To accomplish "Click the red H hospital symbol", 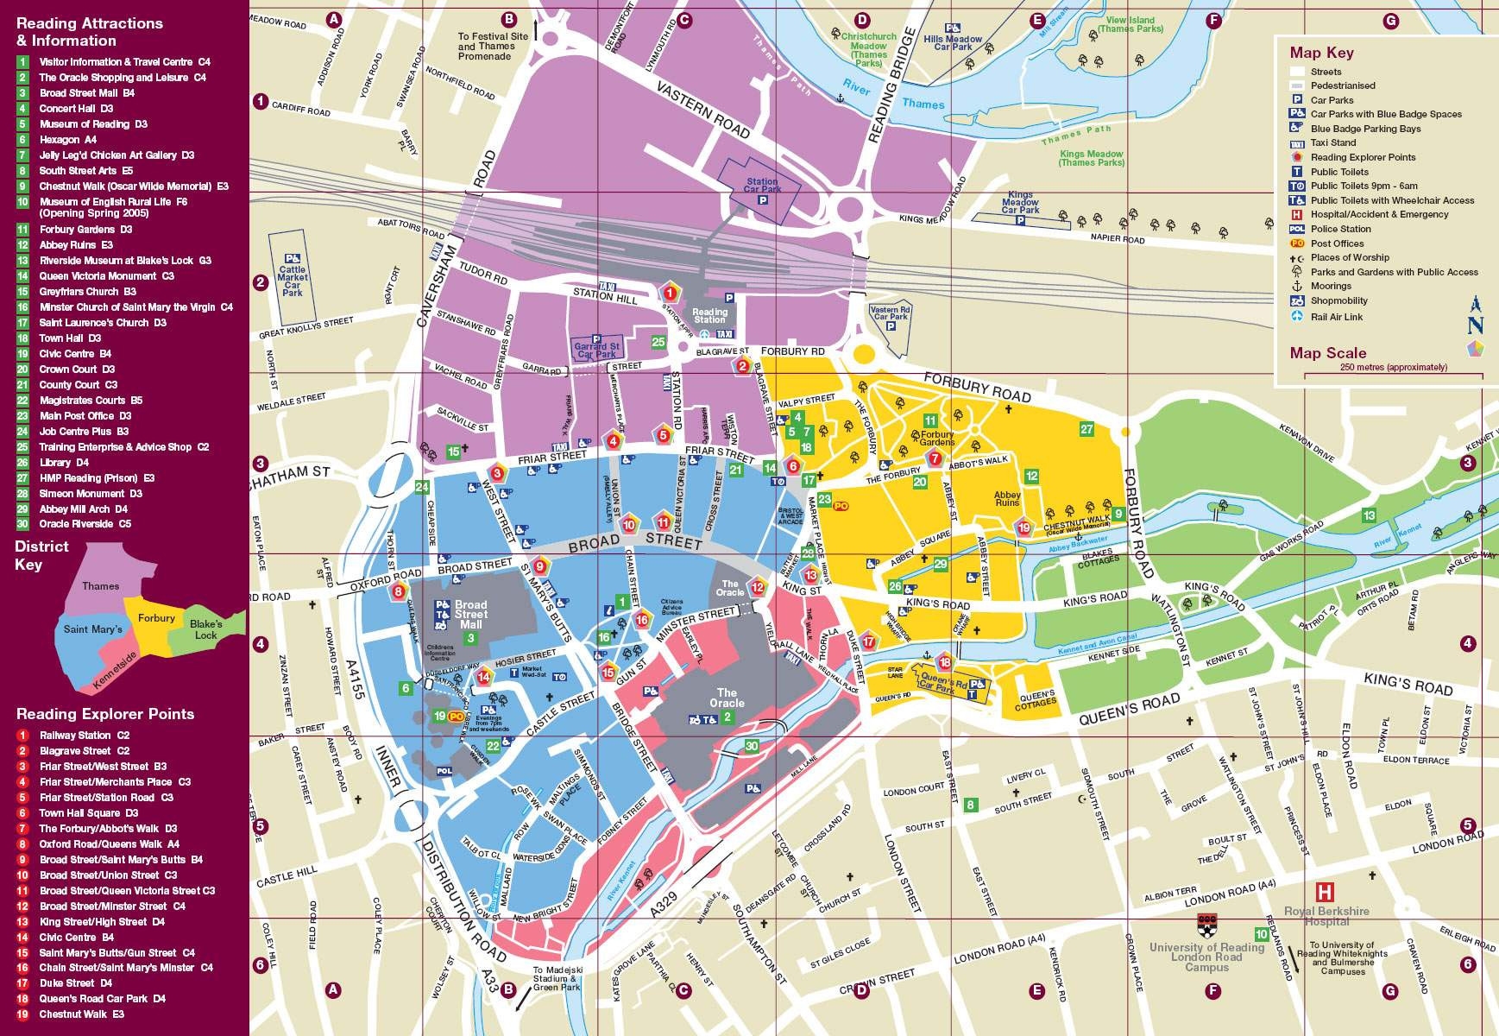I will click(1324, 892).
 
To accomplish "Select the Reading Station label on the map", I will click(709, 316).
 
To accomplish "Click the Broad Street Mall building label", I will click(470, 614).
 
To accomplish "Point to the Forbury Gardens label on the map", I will click(937, 438).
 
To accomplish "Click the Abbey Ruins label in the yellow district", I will click(1007, 498).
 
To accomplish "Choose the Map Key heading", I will click(1321, 53).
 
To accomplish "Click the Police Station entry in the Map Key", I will click(1339, 229).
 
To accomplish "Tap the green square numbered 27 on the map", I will click(1086, 429).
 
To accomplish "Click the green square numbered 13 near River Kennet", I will click(1369, 515).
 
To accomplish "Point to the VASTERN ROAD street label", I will click(703, 111).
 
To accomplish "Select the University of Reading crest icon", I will click(1206, 925).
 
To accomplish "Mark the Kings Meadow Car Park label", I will click(1020, 203).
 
